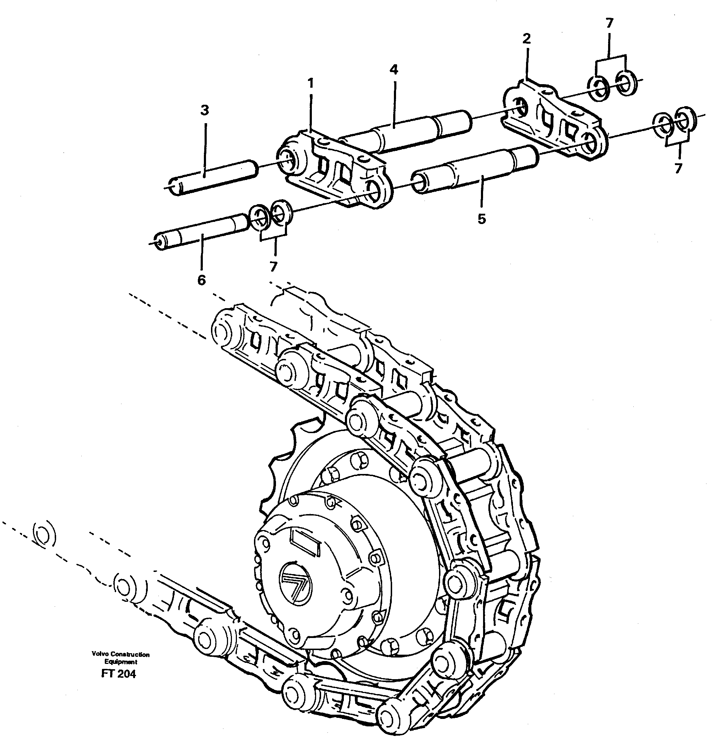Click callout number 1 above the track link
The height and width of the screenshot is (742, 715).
(310, 83)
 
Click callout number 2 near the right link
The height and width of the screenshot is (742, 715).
(526, 39)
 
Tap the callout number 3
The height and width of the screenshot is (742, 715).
(204, 110)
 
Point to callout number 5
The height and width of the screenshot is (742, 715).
(481, 219)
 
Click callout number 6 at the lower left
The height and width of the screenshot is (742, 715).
(201, 280)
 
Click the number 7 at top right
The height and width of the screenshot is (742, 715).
(609, 23)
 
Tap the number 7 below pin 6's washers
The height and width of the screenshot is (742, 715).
(273, 267)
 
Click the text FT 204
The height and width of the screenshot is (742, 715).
(118, 674)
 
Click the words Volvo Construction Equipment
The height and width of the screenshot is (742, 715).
(120, 658)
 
